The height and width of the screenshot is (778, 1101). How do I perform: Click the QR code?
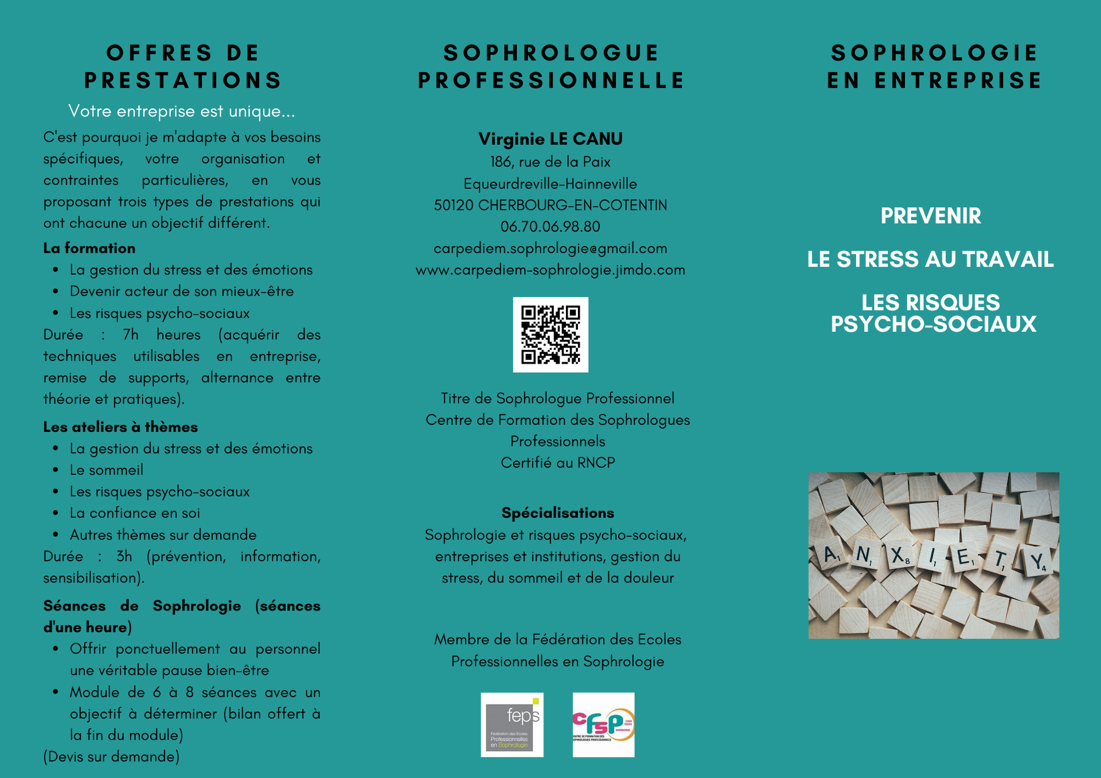(550, 335)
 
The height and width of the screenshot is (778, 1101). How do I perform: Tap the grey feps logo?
(512, 725)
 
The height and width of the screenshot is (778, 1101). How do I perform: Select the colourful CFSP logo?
(603, 725)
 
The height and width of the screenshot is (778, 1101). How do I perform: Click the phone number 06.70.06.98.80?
(550, 226)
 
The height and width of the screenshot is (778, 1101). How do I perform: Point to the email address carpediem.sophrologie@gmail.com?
(550, 248)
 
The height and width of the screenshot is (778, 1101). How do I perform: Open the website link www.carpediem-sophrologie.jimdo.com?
(550, 270)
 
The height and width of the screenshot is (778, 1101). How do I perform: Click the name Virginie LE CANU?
(550, 139)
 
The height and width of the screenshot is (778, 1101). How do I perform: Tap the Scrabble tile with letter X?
(898, 555)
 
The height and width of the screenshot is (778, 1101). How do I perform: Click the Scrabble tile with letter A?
(830, 554)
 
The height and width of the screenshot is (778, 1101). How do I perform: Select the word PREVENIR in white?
(930, 216)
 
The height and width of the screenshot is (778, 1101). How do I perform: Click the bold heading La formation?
(89, 248)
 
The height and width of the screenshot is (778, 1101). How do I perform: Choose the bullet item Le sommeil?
(107, 470)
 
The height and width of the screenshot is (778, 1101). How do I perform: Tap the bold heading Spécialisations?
(557, 513)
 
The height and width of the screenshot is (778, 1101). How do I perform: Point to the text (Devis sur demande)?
(111, 757)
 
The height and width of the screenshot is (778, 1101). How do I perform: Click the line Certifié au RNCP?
(557, 463)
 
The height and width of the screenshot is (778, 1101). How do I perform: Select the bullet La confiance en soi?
(135, 513)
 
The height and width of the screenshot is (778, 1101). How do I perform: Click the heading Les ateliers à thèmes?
(120, 427)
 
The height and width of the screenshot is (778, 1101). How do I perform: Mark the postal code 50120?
(454, 205)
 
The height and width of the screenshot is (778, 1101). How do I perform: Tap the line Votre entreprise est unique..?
(181, 111)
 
